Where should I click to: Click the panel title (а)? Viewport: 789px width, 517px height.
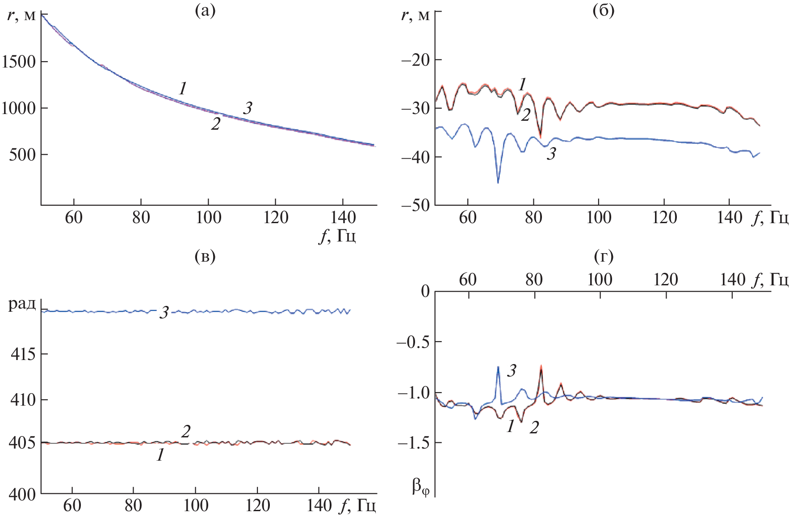[x=206, y=11]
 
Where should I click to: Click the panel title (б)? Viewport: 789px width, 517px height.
[x=603, y=11]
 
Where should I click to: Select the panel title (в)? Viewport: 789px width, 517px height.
[x=206, y=256]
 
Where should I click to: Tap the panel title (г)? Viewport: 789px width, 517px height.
[x=604, y=256]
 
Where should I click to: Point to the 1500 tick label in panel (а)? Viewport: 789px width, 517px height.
[x=18, y=62]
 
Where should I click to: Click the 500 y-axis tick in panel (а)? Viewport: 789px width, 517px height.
[x=22, y=155]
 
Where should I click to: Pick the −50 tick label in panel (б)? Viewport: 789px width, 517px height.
[x=415, y=206]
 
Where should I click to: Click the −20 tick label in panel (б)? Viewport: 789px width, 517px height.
[x=415, y=59]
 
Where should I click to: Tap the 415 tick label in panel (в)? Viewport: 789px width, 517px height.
[x=23, y=355]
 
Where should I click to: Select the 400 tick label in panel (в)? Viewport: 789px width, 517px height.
[x=23, y=494]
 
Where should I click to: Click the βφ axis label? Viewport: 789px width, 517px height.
[x=420, y=487]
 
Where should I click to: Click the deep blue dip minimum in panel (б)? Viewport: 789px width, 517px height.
[x=498, y=182]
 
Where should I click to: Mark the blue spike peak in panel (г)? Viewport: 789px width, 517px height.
[x=498, y=367]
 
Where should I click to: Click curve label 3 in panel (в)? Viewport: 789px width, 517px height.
[x=164, y=312]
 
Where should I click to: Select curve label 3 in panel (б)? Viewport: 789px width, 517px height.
[x=552, y=154]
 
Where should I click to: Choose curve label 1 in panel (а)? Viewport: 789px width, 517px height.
[x=182, y=89]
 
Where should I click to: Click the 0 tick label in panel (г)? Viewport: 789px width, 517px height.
[x=425, y=292]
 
